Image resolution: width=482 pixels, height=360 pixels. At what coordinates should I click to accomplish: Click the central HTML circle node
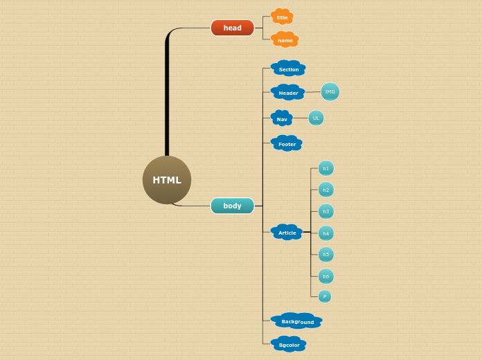[167, 180]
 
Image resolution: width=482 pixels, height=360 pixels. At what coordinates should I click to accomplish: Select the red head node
[232, 28]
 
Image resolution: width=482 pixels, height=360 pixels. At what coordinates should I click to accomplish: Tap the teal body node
[232, 206]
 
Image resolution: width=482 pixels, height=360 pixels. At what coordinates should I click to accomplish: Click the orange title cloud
[282, 17]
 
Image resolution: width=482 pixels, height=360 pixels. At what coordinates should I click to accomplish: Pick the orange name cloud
[285, 40]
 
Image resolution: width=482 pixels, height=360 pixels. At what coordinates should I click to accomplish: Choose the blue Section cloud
[289, 69]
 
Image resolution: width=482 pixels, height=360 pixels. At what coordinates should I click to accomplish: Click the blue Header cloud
[288, 93]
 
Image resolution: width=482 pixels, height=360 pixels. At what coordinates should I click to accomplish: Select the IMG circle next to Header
[330, 91]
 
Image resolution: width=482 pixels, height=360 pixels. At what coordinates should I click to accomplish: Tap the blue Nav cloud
[282, 119]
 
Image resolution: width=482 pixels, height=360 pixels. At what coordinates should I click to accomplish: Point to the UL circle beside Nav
[316, 118]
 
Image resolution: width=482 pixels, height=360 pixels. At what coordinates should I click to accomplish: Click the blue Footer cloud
[287, 144]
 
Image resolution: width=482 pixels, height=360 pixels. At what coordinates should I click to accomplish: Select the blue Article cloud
[287, 233]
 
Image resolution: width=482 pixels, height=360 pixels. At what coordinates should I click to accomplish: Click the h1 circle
[325, 168]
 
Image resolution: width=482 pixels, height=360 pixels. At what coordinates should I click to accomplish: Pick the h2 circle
[325, 190]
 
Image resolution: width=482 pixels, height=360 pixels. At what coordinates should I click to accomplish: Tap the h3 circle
[325, 211]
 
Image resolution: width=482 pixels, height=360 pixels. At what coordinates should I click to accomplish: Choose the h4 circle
[325, 233]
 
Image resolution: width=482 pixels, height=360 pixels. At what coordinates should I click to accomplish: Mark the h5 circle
[325, 255]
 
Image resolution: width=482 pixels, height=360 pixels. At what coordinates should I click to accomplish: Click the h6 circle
[325, 276]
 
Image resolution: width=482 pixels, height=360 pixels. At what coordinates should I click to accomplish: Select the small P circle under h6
[324, 296]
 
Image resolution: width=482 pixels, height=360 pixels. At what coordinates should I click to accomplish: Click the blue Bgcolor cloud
[289, 344]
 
